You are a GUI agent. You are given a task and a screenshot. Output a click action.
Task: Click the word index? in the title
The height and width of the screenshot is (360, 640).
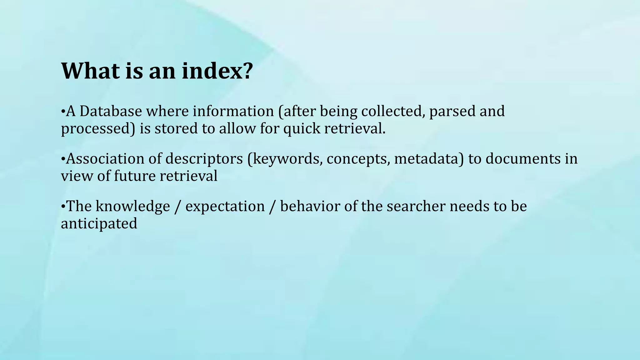(217, 71)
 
